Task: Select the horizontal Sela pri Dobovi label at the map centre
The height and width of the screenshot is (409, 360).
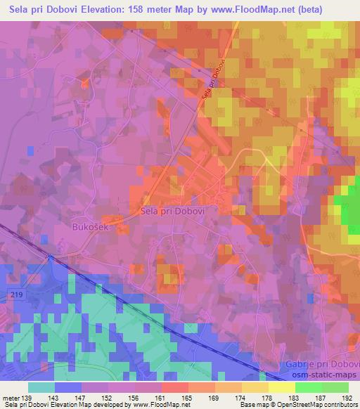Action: [x=172, y=210]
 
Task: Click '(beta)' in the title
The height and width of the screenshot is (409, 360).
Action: [x=338, y=8]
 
